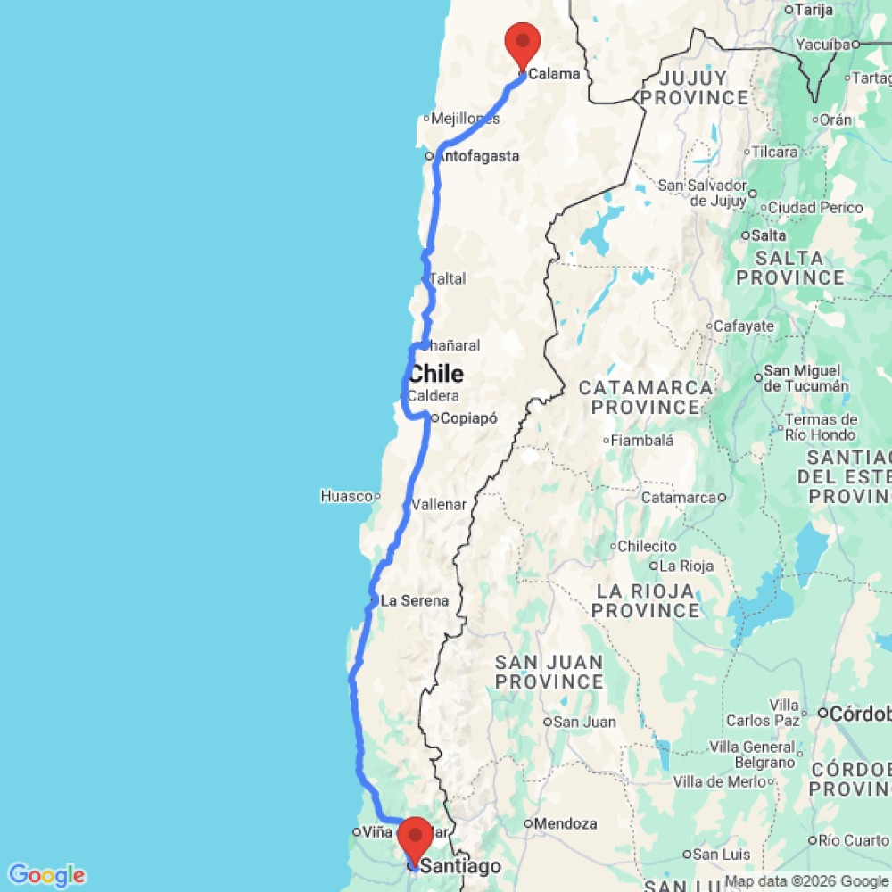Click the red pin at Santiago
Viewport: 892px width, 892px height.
coord(414,838)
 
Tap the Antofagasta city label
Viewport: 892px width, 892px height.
coord(480,156)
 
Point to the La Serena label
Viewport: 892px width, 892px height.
coord(414,600)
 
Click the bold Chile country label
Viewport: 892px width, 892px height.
coord(436,373)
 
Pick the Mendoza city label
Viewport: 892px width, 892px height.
coord(566,823)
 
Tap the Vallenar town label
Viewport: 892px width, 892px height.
coord(439,504)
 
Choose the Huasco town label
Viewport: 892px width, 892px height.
coord(345,496)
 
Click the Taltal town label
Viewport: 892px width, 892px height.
coord(448,278)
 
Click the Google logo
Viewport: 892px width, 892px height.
coord(45,875)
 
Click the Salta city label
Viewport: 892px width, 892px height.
coord(769,235)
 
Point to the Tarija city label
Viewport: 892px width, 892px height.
coord(819,10)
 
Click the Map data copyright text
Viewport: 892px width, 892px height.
coord(806,882)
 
